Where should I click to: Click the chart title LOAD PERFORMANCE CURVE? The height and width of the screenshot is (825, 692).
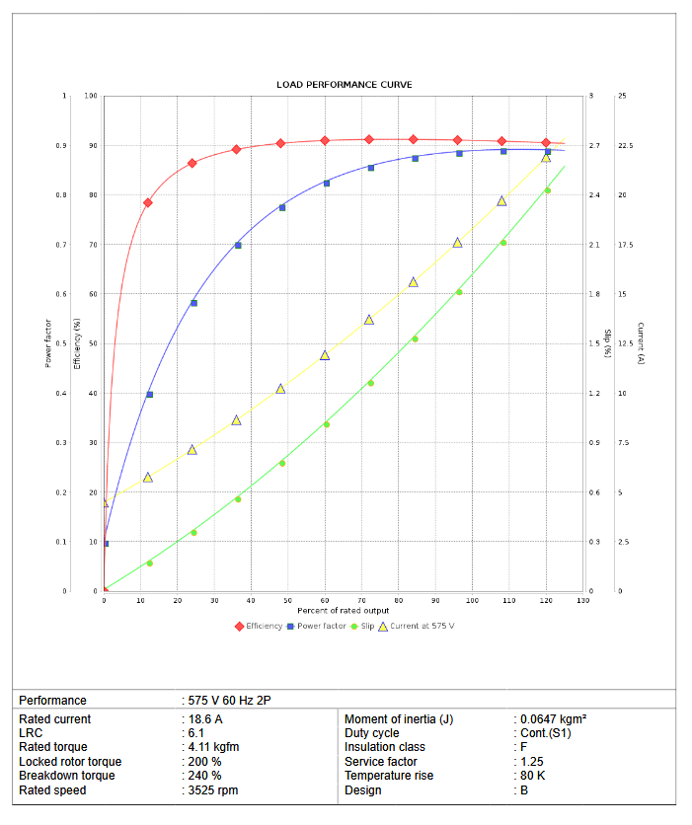click(344, 85)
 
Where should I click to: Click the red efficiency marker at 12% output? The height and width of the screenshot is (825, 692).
click(148, 202)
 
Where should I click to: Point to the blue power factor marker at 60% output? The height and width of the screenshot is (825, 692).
click(327, 183)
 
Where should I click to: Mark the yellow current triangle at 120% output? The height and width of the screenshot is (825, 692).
click(546, 157)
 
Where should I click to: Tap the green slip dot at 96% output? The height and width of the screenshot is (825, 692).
click(459, 292)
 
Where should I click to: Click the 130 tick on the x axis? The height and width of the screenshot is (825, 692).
click(582, 600)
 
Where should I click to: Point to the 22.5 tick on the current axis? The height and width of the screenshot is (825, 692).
click(625, 146)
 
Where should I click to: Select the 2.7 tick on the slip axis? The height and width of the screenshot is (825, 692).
click(594, 146)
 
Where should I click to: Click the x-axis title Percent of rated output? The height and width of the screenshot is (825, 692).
click(344, 611)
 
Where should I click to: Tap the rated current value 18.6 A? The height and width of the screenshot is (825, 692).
click(204, 719)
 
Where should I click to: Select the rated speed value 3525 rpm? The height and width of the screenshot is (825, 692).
click(213, 789)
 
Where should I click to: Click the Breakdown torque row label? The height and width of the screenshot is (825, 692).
click(67, 776)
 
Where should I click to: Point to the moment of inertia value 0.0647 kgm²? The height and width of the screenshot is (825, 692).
click(554, 719)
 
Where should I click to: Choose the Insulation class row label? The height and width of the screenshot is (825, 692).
click(385, 747)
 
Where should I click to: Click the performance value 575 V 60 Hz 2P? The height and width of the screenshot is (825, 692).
click(229, 700)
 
